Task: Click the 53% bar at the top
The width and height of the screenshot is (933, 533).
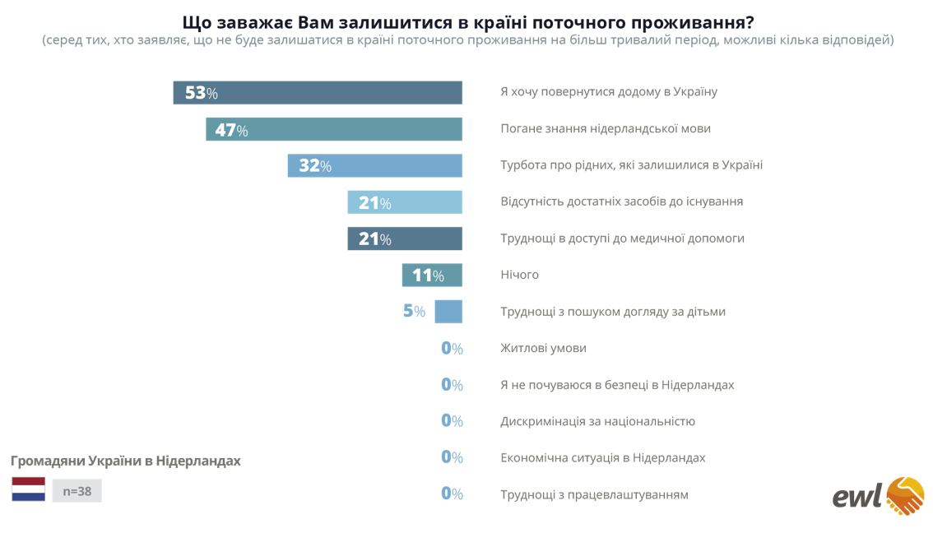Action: (x=317, y=93)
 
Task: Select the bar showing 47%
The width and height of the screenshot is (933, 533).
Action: (x=333, y=129)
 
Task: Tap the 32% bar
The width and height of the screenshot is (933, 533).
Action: (x=374, y=165)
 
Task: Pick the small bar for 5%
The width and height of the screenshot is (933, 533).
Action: (x=448, y=312)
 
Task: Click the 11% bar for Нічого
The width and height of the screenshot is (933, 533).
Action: (x=432, y=275)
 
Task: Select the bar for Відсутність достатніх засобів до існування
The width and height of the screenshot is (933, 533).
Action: (x=405, y=202)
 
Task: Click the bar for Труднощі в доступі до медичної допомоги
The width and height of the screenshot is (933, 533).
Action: (x=405, y=239)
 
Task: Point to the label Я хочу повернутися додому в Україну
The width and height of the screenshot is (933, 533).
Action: (x=609, y=91)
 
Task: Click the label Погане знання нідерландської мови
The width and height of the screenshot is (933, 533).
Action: (x=606, y=128)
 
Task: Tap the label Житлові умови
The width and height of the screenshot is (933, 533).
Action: (x=543, y=348)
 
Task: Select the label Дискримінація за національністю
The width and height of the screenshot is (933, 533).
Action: (x=597, y=421)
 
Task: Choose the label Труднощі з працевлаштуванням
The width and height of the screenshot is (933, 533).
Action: (x=594, y=494)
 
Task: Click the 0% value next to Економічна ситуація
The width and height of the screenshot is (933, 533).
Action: (x=452, y=457)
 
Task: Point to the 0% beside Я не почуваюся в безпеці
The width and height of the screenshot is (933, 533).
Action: (x=452, y=384)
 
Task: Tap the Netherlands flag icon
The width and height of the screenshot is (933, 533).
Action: (x=28, y=489)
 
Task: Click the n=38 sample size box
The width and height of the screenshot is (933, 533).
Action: (x=77, y=491)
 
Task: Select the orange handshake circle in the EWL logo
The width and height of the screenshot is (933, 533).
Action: (x=904, y=495)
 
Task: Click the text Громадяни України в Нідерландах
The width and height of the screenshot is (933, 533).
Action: (x=125, y=461)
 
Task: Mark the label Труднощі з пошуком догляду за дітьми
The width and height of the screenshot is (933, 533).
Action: (x=613, y=312)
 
